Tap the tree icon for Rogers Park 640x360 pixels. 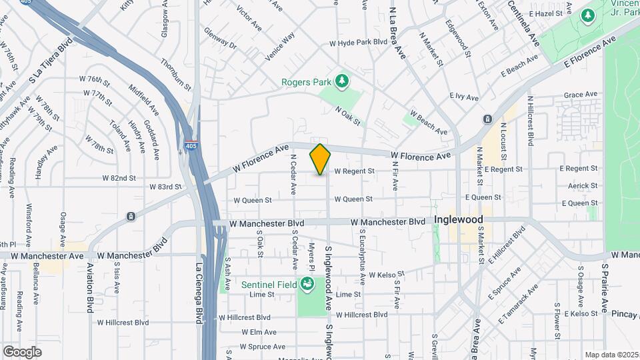pos(342,81)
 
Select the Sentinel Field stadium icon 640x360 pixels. pos(307,285)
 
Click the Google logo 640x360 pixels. pos(22,351)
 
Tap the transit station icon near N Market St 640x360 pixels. pos(487,119)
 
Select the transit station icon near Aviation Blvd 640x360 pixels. pos(131,216)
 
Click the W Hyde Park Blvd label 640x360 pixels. pos(358,41)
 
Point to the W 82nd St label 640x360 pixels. pos(119,178)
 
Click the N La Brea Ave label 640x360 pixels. pos(398,33)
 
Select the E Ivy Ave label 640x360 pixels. pos(464,97)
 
